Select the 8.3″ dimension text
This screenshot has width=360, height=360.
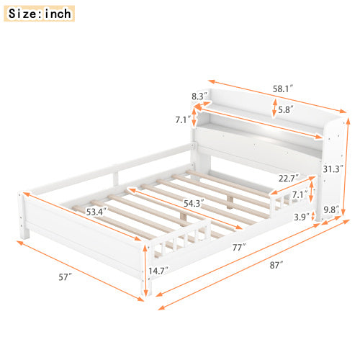pos(199,95)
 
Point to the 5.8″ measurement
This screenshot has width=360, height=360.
pos(286,110)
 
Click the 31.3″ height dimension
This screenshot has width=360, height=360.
pos(332,170)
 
